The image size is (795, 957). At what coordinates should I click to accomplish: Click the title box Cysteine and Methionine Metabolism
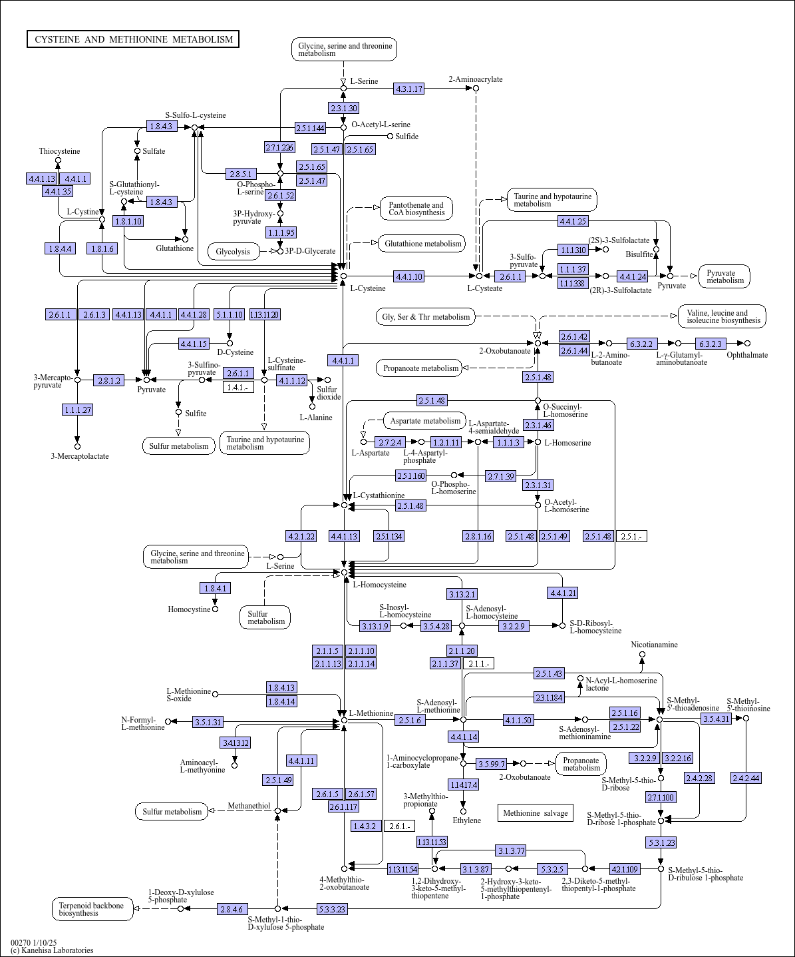point(133,39)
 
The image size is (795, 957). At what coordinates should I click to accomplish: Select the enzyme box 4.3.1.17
point(409,89)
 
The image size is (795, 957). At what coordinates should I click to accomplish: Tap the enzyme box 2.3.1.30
point(343,108)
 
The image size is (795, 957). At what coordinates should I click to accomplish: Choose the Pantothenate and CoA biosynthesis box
point(416,208)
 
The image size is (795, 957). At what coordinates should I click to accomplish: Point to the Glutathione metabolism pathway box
point(422,244)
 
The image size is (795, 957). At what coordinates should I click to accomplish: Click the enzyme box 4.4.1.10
point(408,276)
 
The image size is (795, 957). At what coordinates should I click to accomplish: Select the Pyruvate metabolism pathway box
point(724,276)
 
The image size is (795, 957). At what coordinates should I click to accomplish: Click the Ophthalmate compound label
point(747,355)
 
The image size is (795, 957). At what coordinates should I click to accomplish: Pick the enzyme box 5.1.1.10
point(230,314)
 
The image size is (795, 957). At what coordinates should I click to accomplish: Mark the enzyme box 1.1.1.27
point(77,410)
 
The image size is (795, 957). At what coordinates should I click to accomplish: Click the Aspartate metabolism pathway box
point(425,421)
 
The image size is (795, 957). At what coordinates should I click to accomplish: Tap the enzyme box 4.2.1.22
point(301,536)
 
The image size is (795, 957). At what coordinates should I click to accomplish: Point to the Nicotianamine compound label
point(655,645)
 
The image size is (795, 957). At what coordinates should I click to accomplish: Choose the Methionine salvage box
point(535,813)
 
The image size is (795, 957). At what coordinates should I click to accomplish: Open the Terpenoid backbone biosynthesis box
point(92,909)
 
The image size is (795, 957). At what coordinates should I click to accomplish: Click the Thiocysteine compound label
point(59,151)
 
